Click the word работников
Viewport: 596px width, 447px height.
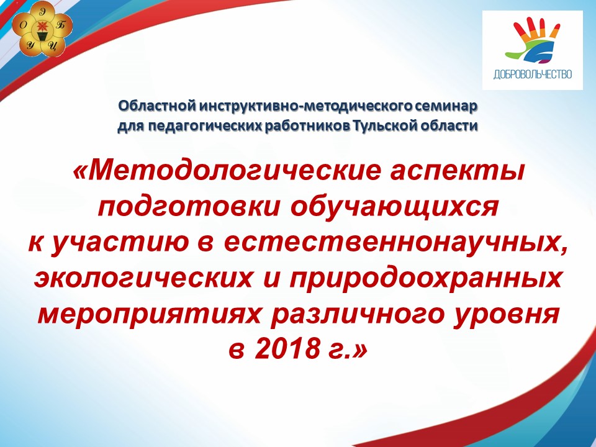click(307, 126)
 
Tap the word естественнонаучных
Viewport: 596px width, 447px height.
click(395, 243)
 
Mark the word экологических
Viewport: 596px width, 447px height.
click(143, 279)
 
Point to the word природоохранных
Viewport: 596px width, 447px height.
click(425, 279)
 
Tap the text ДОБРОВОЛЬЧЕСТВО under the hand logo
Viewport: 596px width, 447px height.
click(533, 74)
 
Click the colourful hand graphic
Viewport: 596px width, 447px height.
click(533, 42)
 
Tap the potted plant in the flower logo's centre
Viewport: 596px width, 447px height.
click(42, 30)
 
